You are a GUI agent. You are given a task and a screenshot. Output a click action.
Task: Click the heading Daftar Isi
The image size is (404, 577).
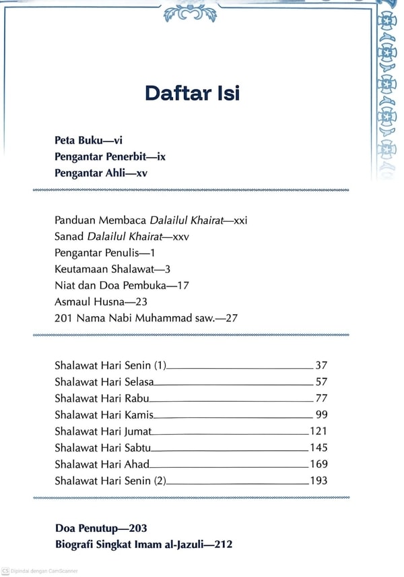click(x=192, y=93)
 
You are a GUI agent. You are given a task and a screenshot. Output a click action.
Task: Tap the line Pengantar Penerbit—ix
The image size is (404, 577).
click(x=110, y=157)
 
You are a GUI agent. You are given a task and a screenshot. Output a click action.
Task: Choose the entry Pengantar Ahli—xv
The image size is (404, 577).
click(x=101, y=173)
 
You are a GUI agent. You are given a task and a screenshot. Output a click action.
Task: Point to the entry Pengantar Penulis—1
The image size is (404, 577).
click(x=105, y=252)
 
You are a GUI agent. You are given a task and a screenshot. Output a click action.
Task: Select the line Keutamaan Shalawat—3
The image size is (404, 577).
click(x=112, y=268)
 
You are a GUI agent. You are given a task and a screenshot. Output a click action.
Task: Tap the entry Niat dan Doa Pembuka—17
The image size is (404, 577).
click(x=121, y=284)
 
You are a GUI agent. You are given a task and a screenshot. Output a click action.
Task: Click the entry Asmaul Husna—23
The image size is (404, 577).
click(x=100, y=301)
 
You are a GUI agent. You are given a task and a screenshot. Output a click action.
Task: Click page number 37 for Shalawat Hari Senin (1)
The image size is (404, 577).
click(x=321, y=366)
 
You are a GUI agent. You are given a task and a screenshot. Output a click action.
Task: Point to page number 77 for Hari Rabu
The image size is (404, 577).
click(x=321, y=398)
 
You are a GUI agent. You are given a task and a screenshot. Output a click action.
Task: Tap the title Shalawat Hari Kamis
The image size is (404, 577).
click(x=104, y=415)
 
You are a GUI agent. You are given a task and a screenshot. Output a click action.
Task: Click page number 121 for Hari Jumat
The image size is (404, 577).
click(x=318, y=431)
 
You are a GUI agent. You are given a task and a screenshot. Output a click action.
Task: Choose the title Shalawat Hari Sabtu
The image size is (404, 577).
click(x=103, y=448)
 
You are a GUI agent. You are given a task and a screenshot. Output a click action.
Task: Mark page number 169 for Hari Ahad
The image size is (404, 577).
click(x=318, y=464)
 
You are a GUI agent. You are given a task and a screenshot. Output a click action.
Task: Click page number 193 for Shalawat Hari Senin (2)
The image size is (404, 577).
click(x=318, y=481)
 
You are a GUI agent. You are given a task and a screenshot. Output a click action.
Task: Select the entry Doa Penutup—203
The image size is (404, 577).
click(x=101, y=528)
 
